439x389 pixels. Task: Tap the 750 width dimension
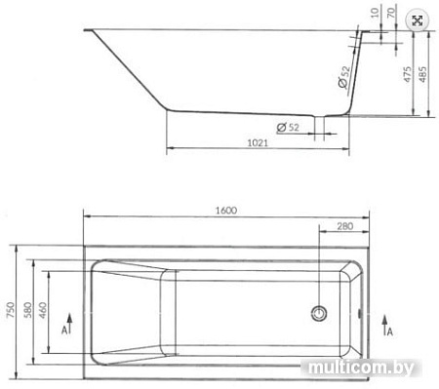pyautogui.click(x=11, y=309)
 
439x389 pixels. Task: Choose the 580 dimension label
pyautogui.click(x=30, y=309)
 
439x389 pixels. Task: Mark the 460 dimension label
pyautogui.click(x=46, y=309)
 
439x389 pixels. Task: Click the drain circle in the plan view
pyautogui.click(x=318, y=313)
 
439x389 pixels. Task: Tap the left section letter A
pyautogui.click(x=62, y=331)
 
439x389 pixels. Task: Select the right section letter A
pyautogui.click(x=388, y=331)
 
